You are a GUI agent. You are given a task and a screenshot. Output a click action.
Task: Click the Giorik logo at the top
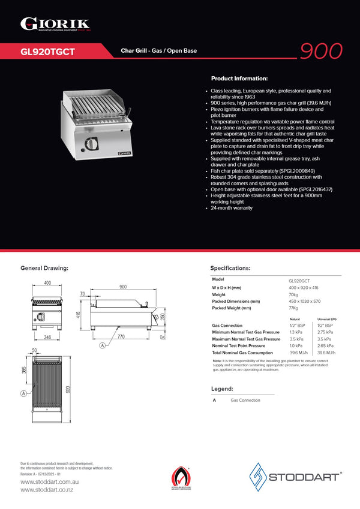pos(55,23)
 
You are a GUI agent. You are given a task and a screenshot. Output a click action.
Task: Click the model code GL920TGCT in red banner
pos(47,52)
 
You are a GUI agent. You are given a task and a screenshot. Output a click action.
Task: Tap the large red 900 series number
pos(321,51)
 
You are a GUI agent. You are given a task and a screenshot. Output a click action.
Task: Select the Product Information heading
pos(239,79)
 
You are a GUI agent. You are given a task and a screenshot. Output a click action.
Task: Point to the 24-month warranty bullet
pos(232,207)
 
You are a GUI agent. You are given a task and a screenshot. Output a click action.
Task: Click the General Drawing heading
pos(44,268)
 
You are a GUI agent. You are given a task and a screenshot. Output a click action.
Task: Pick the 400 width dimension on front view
pos(47,283)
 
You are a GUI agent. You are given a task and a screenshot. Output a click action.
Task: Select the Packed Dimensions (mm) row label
pos(236,302)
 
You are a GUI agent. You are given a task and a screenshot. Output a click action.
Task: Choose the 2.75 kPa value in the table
pos(325,332)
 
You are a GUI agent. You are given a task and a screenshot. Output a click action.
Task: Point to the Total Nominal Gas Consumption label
pos(246,353)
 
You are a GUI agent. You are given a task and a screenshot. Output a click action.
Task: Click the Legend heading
pos(221,389)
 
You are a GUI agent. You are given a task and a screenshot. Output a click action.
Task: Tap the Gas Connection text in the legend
pos(245,400)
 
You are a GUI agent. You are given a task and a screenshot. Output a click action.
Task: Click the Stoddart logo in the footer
pos(296,477)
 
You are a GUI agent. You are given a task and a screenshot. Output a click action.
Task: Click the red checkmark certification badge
pos(180,478)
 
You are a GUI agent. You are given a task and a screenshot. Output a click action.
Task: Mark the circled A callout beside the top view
pos(23,393)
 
